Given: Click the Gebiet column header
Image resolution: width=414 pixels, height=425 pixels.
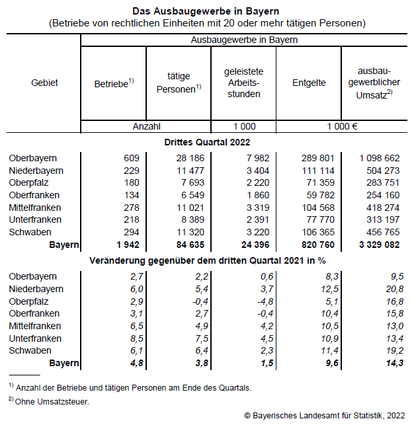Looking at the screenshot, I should [x=44, y=83].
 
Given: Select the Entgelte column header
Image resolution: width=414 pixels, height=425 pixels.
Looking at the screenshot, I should [x=309, y=83].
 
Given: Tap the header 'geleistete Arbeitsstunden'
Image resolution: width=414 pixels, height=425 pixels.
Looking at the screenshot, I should [x=243, y=83].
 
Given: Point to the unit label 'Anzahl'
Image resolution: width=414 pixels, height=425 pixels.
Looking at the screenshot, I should [x=146, y=126].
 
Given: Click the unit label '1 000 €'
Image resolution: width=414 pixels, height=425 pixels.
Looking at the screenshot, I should [x=342, y=126].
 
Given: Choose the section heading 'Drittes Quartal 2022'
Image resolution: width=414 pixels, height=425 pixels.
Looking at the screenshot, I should [x=206, y=141].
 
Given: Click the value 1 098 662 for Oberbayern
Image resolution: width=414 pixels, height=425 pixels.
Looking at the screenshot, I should [x=379, y=159].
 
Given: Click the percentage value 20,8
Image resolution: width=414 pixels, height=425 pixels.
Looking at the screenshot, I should [x=392, y=289].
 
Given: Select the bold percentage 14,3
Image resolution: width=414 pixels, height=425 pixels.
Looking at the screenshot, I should [x=392, y=363].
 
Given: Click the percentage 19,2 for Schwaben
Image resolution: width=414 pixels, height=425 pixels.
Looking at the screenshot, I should [x=392, y=350].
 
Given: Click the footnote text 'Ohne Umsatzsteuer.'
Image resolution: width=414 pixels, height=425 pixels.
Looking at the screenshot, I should [x=52, y=401].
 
